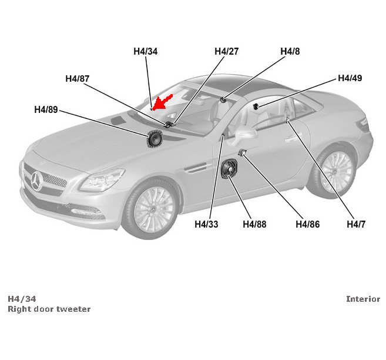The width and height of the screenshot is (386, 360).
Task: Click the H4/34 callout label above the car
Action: click(145, 52)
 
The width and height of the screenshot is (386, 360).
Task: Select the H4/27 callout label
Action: click(226, 52)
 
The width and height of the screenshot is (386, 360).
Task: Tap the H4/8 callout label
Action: click(290, 52)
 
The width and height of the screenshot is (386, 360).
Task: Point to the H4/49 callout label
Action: click(350, 78)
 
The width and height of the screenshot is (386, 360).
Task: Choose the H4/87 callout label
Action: click(77, 79)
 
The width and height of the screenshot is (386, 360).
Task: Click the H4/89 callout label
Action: click(46, 109)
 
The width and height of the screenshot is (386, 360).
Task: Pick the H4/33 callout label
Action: click(206, 224)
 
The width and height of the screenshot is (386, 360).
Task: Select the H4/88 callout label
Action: click(254, 224)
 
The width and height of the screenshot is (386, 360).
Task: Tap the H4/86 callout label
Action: click(307, 224)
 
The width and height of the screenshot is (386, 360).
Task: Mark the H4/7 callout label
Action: click(356, 224)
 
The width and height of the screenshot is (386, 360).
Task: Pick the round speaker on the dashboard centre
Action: click(155, 139)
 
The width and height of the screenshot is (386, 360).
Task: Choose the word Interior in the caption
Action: click(362, 299)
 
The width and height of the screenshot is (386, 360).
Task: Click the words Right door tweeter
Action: click(49, 309)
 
